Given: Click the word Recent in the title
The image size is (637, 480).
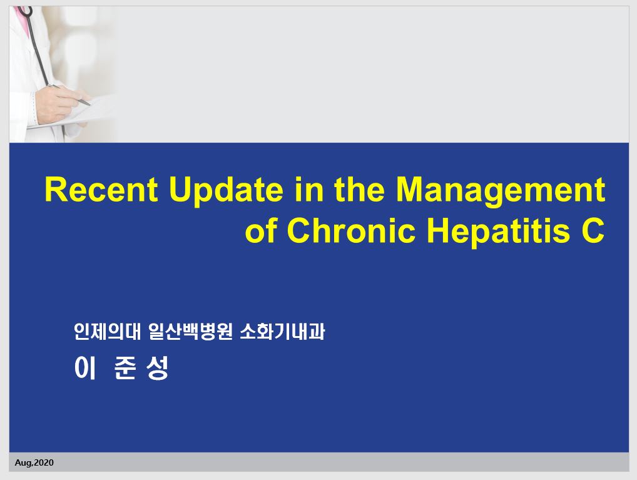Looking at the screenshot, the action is (x=101, y=190).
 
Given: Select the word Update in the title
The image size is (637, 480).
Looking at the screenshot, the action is (x=226, y=191).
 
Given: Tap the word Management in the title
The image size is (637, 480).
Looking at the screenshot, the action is (x=501, y=191).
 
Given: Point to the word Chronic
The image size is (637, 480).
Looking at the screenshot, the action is (x=351, y=230).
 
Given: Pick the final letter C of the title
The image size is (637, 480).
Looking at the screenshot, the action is (x=593, y=230).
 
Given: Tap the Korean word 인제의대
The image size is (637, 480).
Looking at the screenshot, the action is (x=107, y=332).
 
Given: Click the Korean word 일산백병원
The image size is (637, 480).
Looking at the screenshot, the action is (x=190, y=332).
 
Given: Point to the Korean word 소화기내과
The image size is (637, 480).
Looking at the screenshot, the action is (x=282, y=332).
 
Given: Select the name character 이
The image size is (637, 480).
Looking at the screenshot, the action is (x=85, y=368).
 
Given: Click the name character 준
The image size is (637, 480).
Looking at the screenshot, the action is (x=125, y=368).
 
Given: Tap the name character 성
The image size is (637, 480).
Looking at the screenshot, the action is (x=157, y=368).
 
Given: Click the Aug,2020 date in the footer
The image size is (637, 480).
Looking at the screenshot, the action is (x=34, y=462).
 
